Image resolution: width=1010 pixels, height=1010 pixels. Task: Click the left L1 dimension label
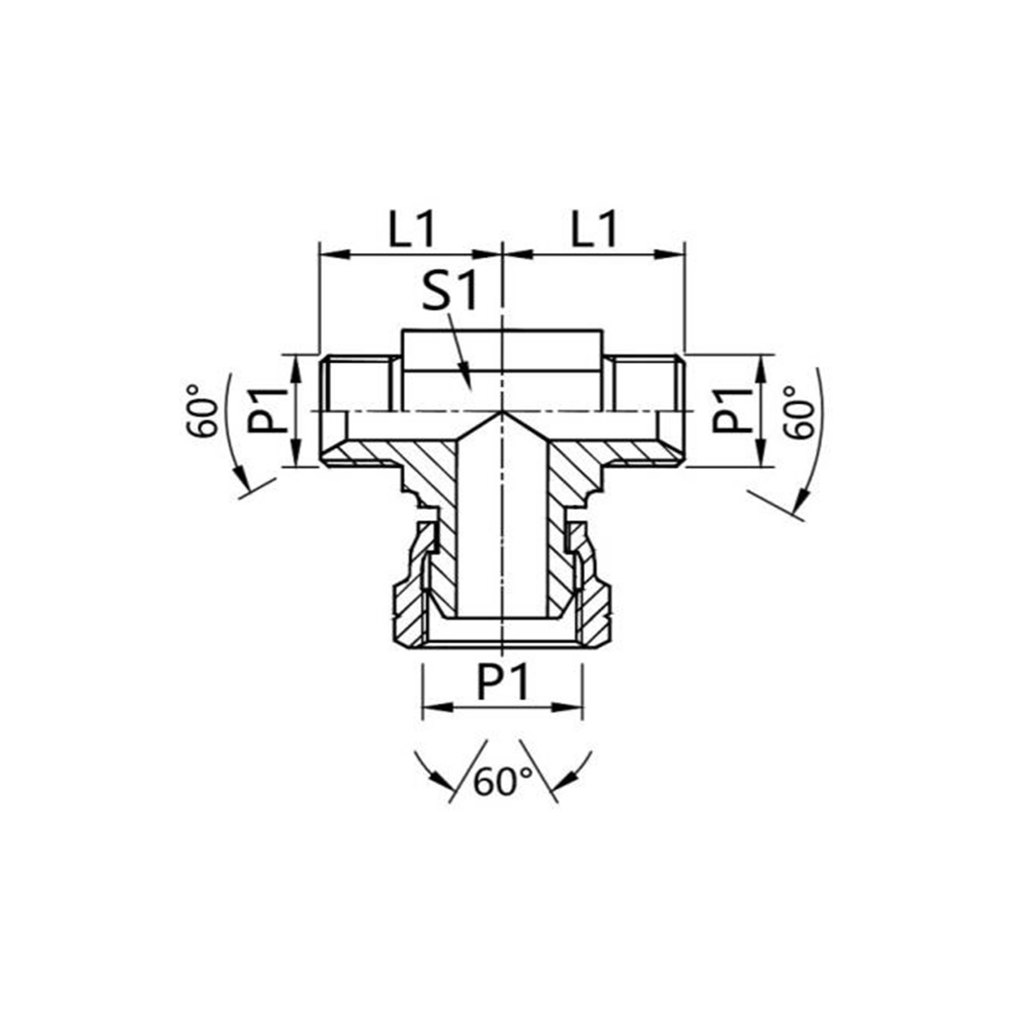[x=411, y=229]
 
